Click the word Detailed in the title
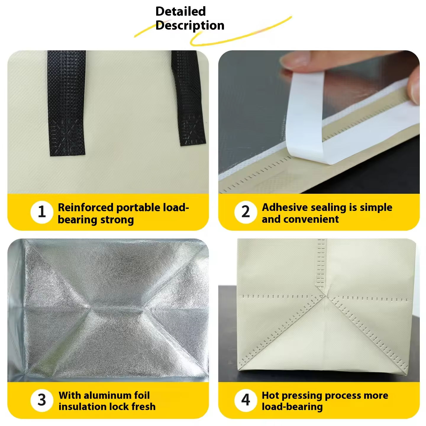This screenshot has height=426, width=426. pyautogui.click(x=180, y=11)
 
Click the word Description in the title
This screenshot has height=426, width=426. pyautogui.click(x=190, y=25)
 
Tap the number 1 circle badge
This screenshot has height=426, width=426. pyautogui.click(x=42, y=212)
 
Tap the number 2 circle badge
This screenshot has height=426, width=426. pyautogui.click(x=246, y=212)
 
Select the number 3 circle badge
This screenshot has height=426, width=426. pyautogui.click(x=42, y=400)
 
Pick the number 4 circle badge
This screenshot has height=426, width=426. pyautogui.click(x=246, y=400)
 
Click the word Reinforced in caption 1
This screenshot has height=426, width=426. pyautogui.click(x=85, y=207)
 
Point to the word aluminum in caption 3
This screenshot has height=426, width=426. pyautogui.click(x=106, y=395)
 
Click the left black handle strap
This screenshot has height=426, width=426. pyautogui.click(x=66, y=103)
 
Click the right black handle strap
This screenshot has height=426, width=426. pyautogui.click(x=188, y=98)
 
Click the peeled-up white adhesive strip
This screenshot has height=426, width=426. pyautogui.click(x=305, y=115)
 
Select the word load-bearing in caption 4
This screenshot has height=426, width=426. pyautogui.click(x=292, y=407)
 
